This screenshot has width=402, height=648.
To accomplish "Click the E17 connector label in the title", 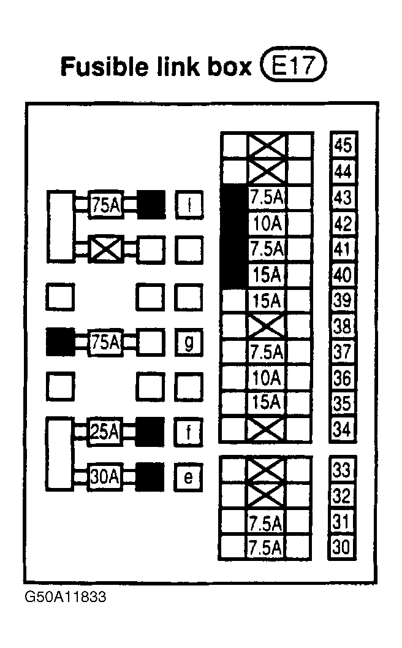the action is coord(294,64).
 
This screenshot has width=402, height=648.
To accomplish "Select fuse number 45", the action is coord(343,145).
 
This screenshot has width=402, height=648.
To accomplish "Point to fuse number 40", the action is coord(343,275).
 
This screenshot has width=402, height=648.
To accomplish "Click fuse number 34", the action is coord(342,429).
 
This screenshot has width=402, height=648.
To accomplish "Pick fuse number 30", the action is coord(341,547).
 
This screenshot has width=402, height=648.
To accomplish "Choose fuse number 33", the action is coord(341,470).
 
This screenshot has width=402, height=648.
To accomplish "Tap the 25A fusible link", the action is coord(105,432).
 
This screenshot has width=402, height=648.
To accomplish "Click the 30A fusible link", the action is coord(105,477).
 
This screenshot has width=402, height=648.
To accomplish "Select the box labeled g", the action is coord(189,342).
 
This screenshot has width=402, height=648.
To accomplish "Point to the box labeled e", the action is coord(188,478).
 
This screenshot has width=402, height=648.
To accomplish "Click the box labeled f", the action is coord(188,432).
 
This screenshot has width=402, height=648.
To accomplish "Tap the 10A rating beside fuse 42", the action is coord(267,224).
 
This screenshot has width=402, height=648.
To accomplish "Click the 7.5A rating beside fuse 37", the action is coord(267,352).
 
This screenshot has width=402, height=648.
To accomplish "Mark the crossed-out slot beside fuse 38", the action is coord(266,326).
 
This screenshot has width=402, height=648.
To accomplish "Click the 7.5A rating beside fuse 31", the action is coord(265,523).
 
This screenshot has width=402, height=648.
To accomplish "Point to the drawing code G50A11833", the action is coord(66,597).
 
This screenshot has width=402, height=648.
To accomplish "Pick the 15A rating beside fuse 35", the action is coord(267,403).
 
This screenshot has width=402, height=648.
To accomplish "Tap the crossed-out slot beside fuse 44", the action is coord(267,171).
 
